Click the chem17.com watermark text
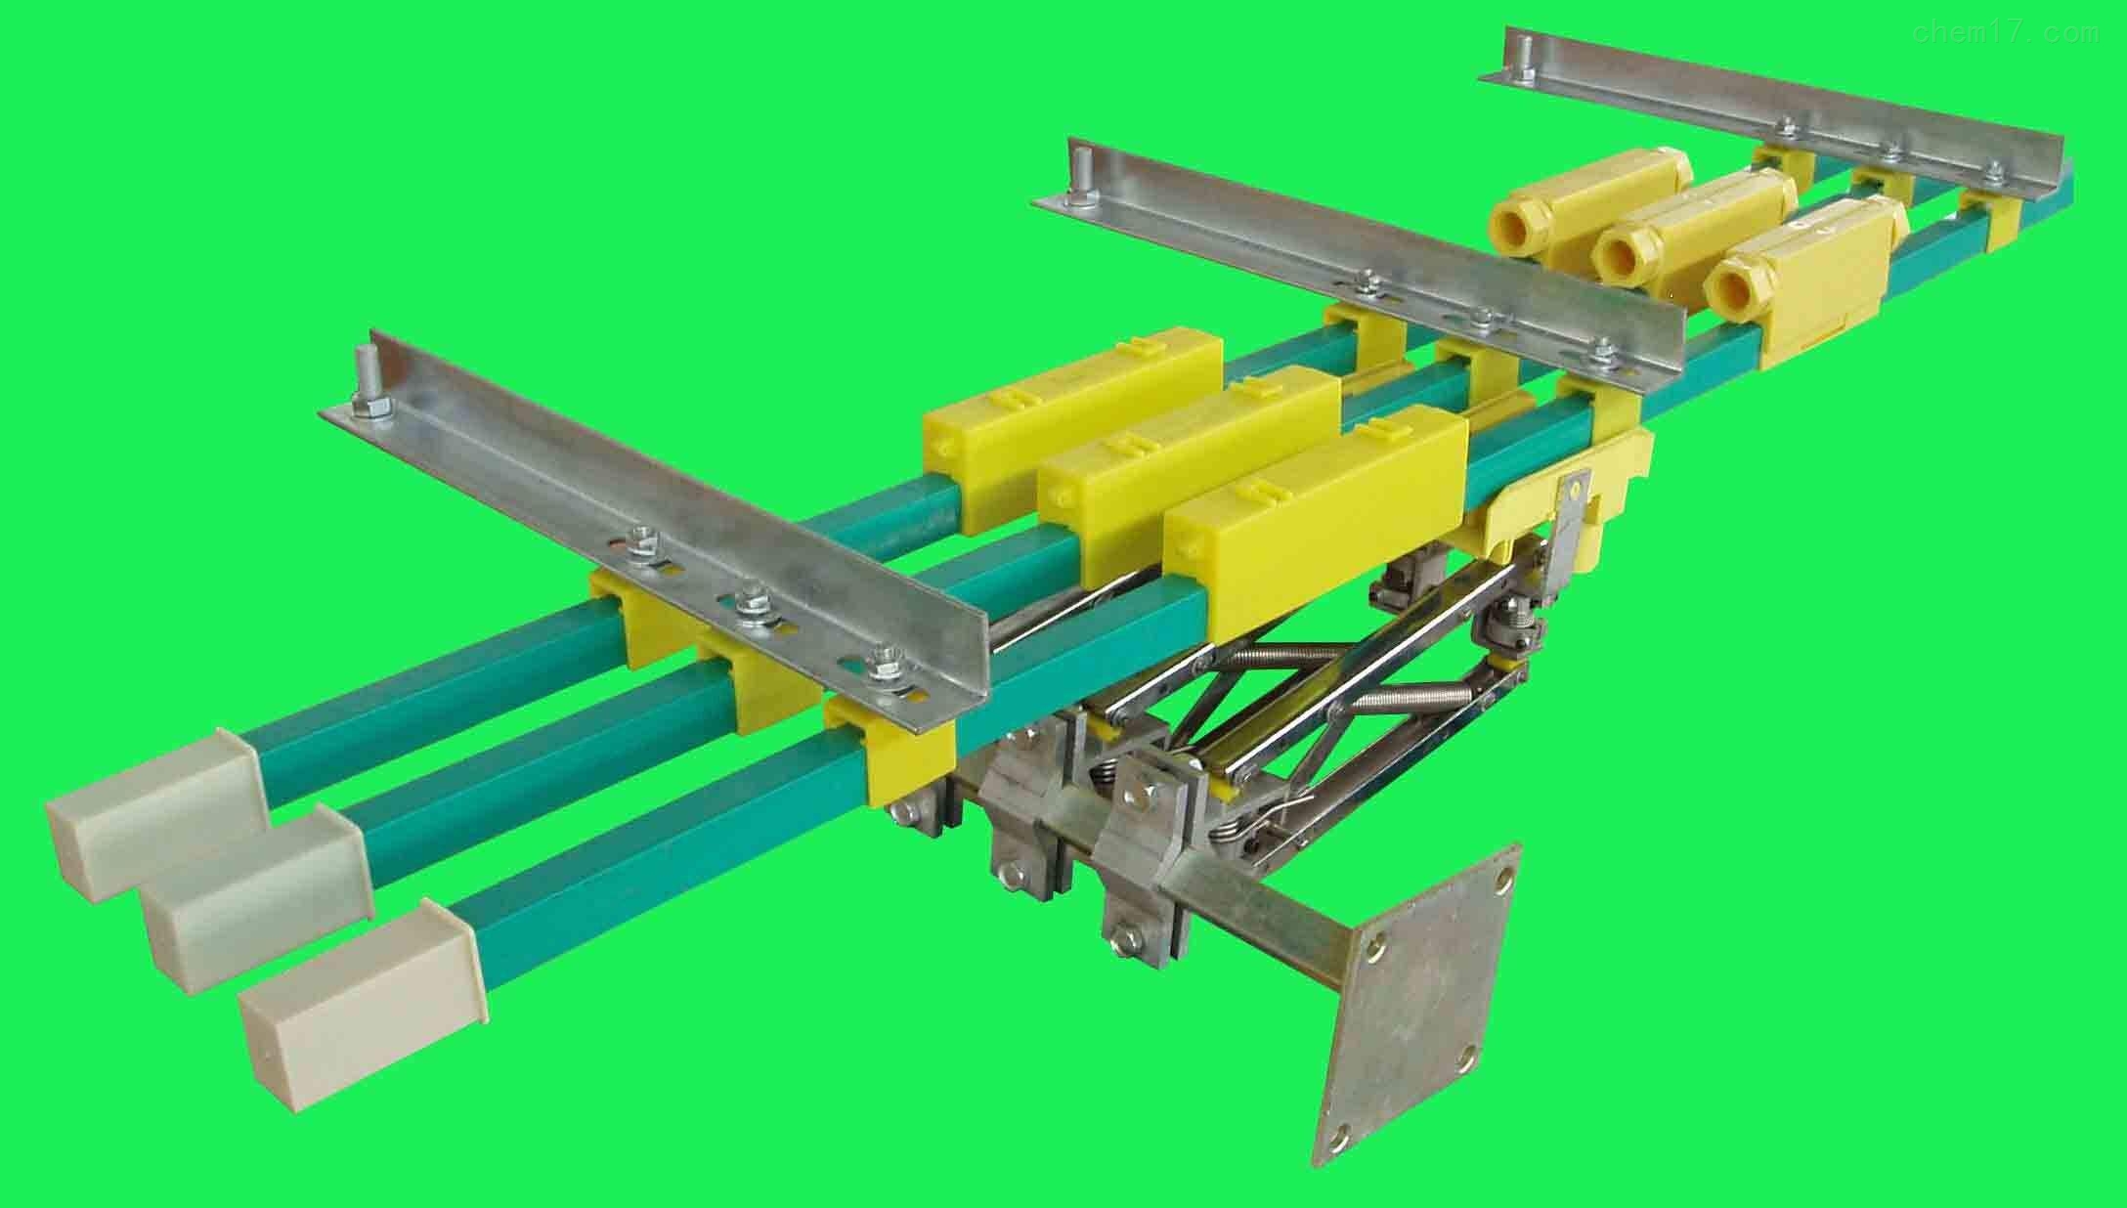click(2003, 32)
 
